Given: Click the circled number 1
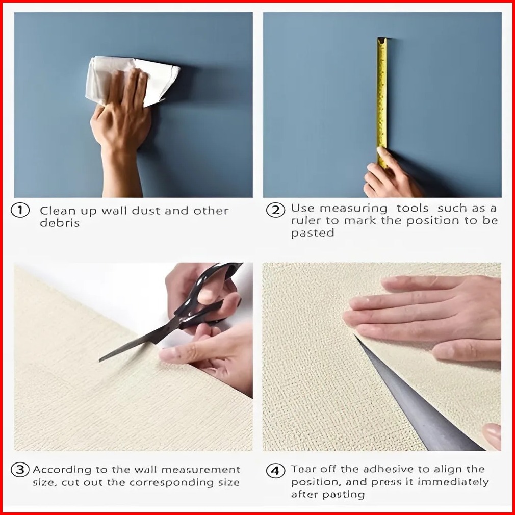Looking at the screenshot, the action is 20,210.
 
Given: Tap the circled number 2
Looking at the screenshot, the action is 275,210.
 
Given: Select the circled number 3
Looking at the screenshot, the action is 20,470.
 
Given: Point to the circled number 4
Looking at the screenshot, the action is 275,471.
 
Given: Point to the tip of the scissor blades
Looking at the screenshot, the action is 99,361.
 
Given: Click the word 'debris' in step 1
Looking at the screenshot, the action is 60,223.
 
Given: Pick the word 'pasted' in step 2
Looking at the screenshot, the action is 313,233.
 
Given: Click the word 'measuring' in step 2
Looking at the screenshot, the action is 353,209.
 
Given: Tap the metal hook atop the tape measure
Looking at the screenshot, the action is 381,40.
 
